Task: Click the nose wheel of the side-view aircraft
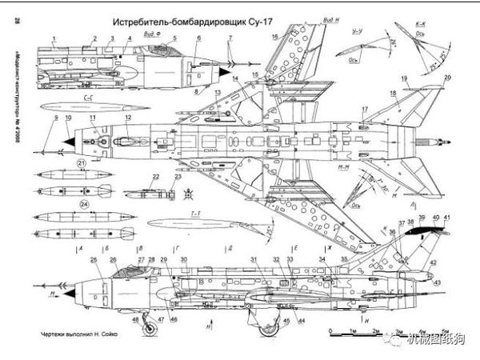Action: [136, 322]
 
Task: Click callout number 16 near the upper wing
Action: [274, 37]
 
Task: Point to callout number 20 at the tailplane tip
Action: [446, 78]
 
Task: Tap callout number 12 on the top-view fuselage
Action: [128, 118]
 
